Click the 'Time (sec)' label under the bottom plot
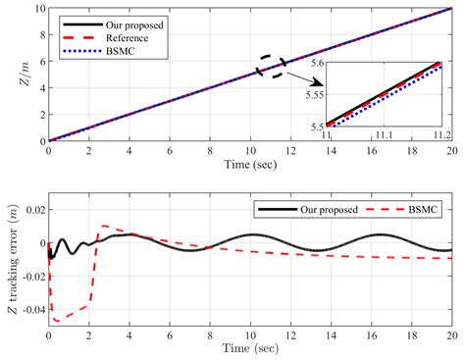(x=249, y=349)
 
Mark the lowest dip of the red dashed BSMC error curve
(x=57, y=321)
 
